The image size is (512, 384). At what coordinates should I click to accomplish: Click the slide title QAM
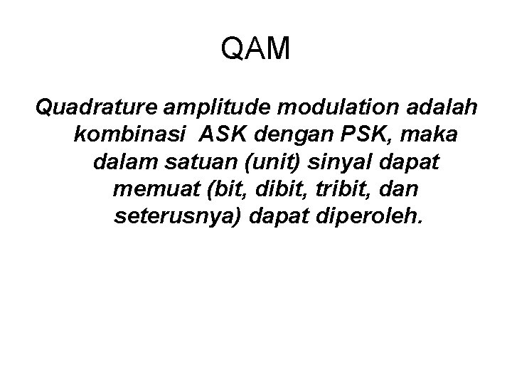(256, 49)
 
